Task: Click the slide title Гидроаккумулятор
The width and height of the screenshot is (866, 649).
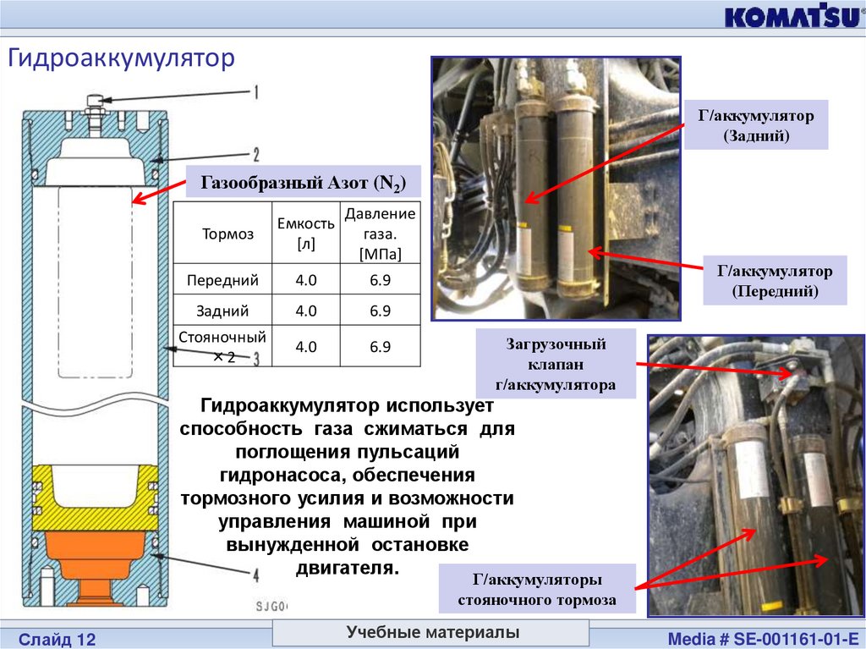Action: click(120, 59)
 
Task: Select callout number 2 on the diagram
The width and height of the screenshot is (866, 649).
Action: click(255, 154)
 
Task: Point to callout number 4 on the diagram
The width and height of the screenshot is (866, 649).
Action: click(255, 575)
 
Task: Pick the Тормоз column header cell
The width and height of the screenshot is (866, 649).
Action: click(227, 234)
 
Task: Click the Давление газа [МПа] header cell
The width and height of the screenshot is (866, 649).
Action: click(380, 234)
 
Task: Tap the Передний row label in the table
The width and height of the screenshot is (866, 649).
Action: click(222, 279)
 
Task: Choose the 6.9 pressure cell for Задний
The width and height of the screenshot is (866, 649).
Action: click(380, 311)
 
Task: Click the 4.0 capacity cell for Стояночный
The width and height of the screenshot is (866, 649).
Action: click(306, 347)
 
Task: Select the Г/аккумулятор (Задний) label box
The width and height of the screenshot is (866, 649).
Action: click(755, 124)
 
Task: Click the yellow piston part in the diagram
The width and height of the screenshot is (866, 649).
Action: click(93, 495)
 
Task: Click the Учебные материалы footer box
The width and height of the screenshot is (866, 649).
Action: click(432, 633)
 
